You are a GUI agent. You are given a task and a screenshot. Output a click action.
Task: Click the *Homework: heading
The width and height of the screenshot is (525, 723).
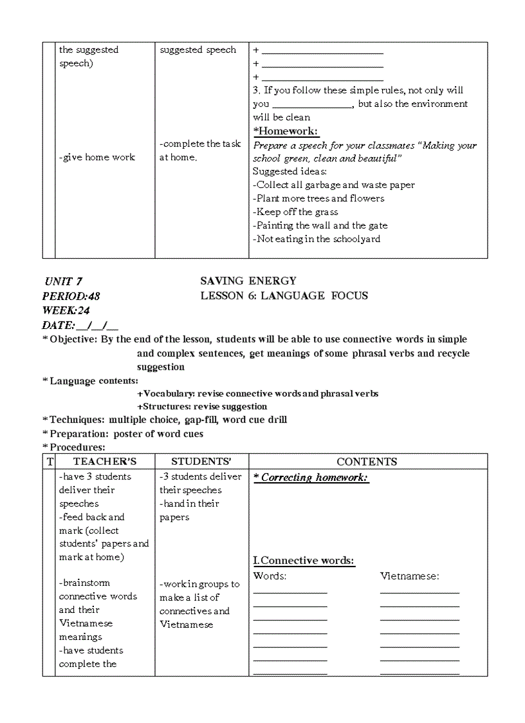[x=286, y=131]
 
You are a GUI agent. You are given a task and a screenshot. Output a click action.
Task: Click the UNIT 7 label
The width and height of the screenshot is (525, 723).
[x=64, y=281]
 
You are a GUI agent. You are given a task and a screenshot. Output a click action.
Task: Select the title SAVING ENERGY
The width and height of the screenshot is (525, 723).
[x=248, y=281]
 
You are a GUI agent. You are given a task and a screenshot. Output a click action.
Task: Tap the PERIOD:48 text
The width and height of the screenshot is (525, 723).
[x=71, y=296]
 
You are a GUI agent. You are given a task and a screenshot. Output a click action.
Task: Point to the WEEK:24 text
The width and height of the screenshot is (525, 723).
[x=66, y=311]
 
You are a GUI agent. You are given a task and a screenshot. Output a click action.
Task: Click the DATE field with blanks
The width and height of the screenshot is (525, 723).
[x=80, y=326]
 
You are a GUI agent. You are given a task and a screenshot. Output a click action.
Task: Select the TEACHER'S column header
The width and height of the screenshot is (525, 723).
[x=104, y=462]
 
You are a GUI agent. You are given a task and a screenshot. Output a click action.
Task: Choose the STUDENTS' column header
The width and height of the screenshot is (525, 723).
[x=201, y=462]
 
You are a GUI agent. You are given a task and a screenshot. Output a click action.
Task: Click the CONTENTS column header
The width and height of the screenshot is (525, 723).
[x=367, y=462]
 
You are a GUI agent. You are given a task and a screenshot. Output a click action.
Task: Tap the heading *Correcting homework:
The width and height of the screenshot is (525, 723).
[x=311, y=478]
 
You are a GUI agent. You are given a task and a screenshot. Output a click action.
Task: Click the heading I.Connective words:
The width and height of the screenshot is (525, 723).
[x=303, y=561]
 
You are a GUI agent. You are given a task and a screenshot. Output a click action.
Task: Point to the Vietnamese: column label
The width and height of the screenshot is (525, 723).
[x=409, y=576]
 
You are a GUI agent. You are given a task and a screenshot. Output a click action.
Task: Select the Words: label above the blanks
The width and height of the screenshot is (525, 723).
[x=270, y=576]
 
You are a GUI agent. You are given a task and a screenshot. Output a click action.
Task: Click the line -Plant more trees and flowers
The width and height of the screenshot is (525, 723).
[x=318, y=198]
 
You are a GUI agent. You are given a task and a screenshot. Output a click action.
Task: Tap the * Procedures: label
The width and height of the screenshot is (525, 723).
[x=74, y=447]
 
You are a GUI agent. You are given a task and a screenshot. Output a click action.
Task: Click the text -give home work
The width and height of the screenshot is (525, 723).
[x=97, y=158]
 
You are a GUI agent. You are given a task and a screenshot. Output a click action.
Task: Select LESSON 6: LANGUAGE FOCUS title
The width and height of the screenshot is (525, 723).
[x=284, y=296]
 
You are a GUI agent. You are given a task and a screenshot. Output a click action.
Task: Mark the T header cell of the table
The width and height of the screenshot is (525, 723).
[x=50, y=462]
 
